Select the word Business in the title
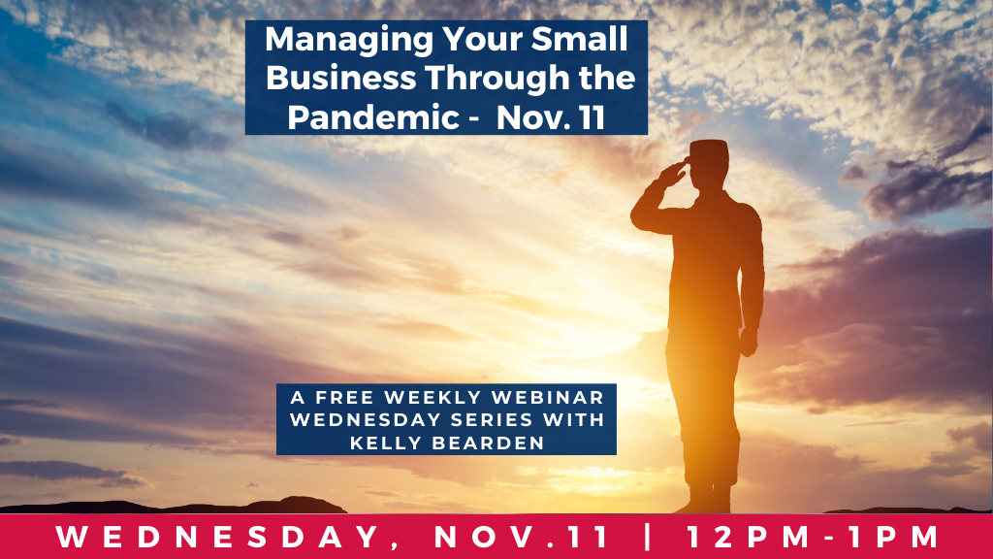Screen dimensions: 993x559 341,78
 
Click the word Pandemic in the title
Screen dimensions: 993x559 373,117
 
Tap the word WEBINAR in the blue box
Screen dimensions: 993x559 547,397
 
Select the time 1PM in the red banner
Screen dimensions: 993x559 893,537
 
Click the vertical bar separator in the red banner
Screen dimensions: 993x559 647,536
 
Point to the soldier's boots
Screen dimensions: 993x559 704,500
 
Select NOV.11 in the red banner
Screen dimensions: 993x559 522,537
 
